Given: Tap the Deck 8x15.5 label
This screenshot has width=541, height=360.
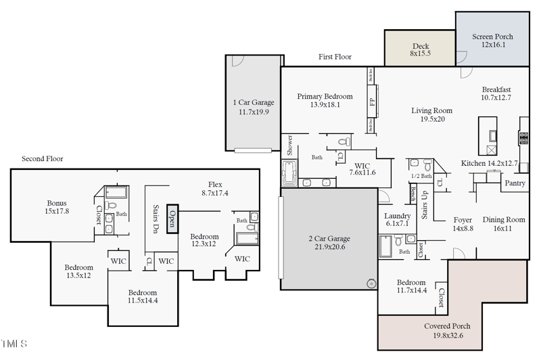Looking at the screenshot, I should (x=421, y=49).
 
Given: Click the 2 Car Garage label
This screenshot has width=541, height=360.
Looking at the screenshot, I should (x=328, y=243).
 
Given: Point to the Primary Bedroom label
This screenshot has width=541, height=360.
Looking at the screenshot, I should (x=325, y=100).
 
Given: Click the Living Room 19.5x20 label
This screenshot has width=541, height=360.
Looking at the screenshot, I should (x=431, y=114).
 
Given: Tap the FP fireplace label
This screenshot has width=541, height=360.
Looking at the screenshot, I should (x=372, y=102).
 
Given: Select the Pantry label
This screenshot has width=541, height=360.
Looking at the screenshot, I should (x=515, y=183).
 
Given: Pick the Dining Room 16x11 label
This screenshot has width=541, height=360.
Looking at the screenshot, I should (x=503, y=224).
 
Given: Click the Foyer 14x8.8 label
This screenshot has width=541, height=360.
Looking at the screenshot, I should (x=463, y=224).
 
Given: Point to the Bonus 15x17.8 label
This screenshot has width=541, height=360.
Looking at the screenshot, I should (x=57, y=207).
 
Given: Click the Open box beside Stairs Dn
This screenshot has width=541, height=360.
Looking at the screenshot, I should (x=172, y=219).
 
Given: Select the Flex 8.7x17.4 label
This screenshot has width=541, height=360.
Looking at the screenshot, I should (x=215, y=189).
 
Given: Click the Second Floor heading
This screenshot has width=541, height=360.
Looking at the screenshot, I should (x=42, y=159).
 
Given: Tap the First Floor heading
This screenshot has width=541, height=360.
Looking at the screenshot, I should (x=335, y=57).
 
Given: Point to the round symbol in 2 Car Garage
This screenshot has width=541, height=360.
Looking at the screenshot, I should (x=370, y=284).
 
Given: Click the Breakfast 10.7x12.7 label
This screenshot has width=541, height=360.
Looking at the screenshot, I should (x=496, y=93).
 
